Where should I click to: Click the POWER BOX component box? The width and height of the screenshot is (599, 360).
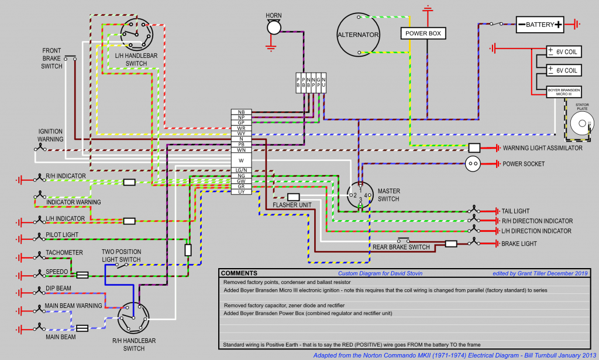pyautogui.click(x=423, y=33)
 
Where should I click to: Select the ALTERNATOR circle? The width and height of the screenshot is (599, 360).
pyautogui.click(x=358, y=35)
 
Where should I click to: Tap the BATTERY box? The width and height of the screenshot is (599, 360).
pyautogui.click(x=539, y=25)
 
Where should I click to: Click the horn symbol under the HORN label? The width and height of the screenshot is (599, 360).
pyautogui.click(x=274, y=27)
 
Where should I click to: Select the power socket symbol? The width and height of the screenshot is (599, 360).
pyautogui.click(x=473, y=164)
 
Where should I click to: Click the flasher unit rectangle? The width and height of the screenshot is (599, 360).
pyautogui.click(x=294, y=197)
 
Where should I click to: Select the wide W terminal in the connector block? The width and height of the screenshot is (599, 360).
pyautogui.click(x=241, y=160)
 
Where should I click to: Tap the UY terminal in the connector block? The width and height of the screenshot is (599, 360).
pyautogui.click(x=241, y=192)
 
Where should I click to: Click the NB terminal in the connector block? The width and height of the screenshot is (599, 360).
pyautogui.click(x=241, y=112)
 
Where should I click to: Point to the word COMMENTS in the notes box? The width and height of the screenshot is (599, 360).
pyautogui.click(x=239, y=273)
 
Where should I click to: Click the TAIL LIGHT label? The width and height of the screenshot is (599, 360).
pyautogui.click(x=515, y=211)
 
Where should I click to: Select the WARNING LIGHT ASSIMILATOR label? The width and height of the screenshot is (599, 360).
pyautogui.click(x=542, y=148)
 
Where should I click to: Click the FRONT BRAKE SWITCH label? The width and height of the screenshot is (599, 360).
pyautogui.click(x=51, y=59)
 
